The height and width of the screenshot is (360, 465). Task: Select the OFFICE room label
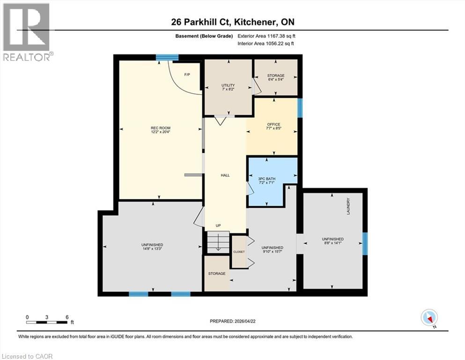pos(273,124)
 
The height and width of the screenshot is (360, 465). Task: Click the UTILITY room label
pos(228,85)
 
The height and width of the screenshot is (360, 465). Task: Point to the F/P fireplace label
pos(187,75)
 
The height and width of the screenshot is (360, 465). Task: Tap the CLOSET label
pos(239,252)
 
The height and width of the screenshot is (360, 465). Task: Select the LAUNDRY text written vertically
pos(348,207)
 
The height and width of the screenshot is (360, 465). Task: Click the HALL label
pos(225,175)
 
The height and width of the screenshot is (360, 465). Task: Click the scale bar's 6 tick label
pos(67,317)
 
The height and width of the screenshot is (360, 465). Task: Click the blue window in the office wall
pos(300,107)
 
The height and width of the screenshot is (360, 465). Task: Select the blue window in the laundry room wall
pos(365,240)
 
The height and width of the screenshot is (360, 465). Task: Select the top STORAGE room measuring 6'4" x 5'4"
pos(276,77)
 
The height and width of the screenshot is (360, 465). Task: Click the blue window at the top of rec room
pos(167,58)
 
